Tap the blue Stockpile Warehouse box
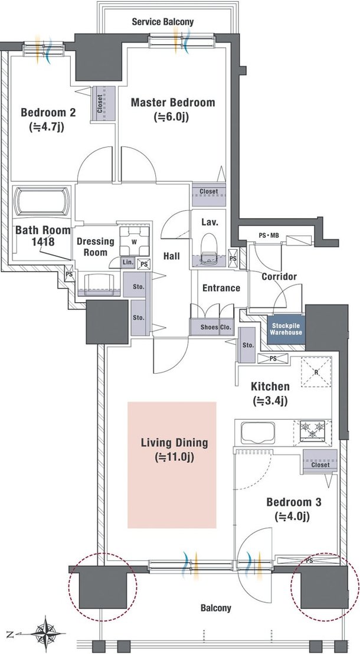click(x=286, y=329)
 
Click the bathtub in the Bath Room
click(x=42, y=202)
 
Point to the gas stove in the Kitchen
click(x=313, y=430)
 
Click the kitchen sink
click(x=257, y=433)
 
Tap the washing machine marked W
click(x=135, y=241)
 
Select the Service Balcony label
click(x=163, y=22)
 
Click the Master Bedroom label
click(x=173, y=102)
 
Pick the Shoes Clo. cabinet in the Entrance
click(x=211, y=327)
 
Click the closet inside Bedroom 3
click(x=320, y=462)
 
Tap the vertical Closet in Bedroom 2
click(x=103, y=104)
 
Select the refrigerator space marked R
click(x=316, y=372)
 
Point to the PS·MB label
click(x=268, y=236)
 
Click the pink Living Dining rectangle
click(x=172, y=465)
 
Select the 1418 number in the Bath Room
click(x=44, y=241)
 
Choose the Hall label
click(x=171, y=256)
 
